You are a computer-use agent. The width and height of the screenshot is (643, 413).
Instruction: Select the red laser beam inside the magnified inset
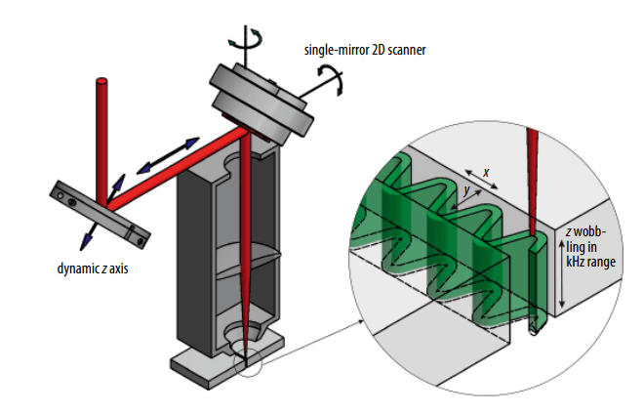pyautogui.click(x=532, y=186)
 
